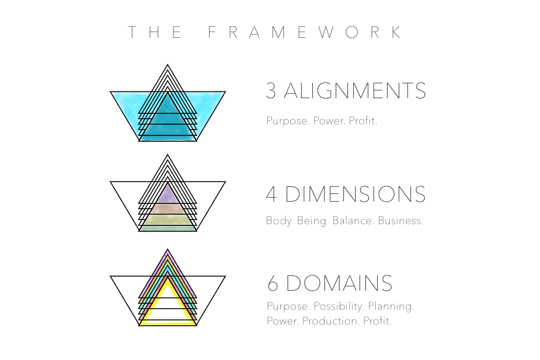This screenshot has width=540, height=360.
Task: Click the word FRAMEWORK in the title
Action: [x=305, y=32]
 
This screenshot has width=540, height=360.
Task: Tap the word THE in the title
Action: [x=155, y=32]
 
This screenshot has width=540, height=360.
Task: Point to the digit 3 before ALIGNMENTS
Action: [x=271, y=90]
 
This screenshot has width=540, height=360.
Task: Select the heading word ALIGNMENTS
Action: [x=355, y=90]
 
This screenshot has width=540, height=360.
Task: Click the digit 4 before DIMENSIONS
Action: [x=271, y=194]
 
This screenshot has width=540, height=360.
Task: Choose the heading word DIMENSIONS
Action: [x=355, y=194]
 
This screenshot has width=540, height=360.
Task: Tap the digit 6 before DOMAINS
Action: [x=273, y=283]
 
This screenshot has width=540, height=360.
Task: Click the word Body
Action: [x=279, y=221]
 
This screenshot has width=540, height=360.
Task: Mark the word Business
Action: [x=400, y=220]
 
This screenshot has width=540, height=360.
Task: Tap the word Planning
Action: [x=391, y=306]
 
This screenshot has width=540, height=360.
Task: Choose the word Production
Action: [x=331, y=321]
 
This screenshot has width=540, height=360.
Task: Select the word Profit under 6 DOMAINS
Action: [x=377, y=321]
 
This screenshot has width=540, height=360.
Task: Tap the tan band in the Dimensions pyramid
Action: [x=167, y=209]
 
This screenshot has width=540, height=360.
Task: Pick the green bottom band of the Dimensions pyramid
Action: [x=167, y=228]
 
